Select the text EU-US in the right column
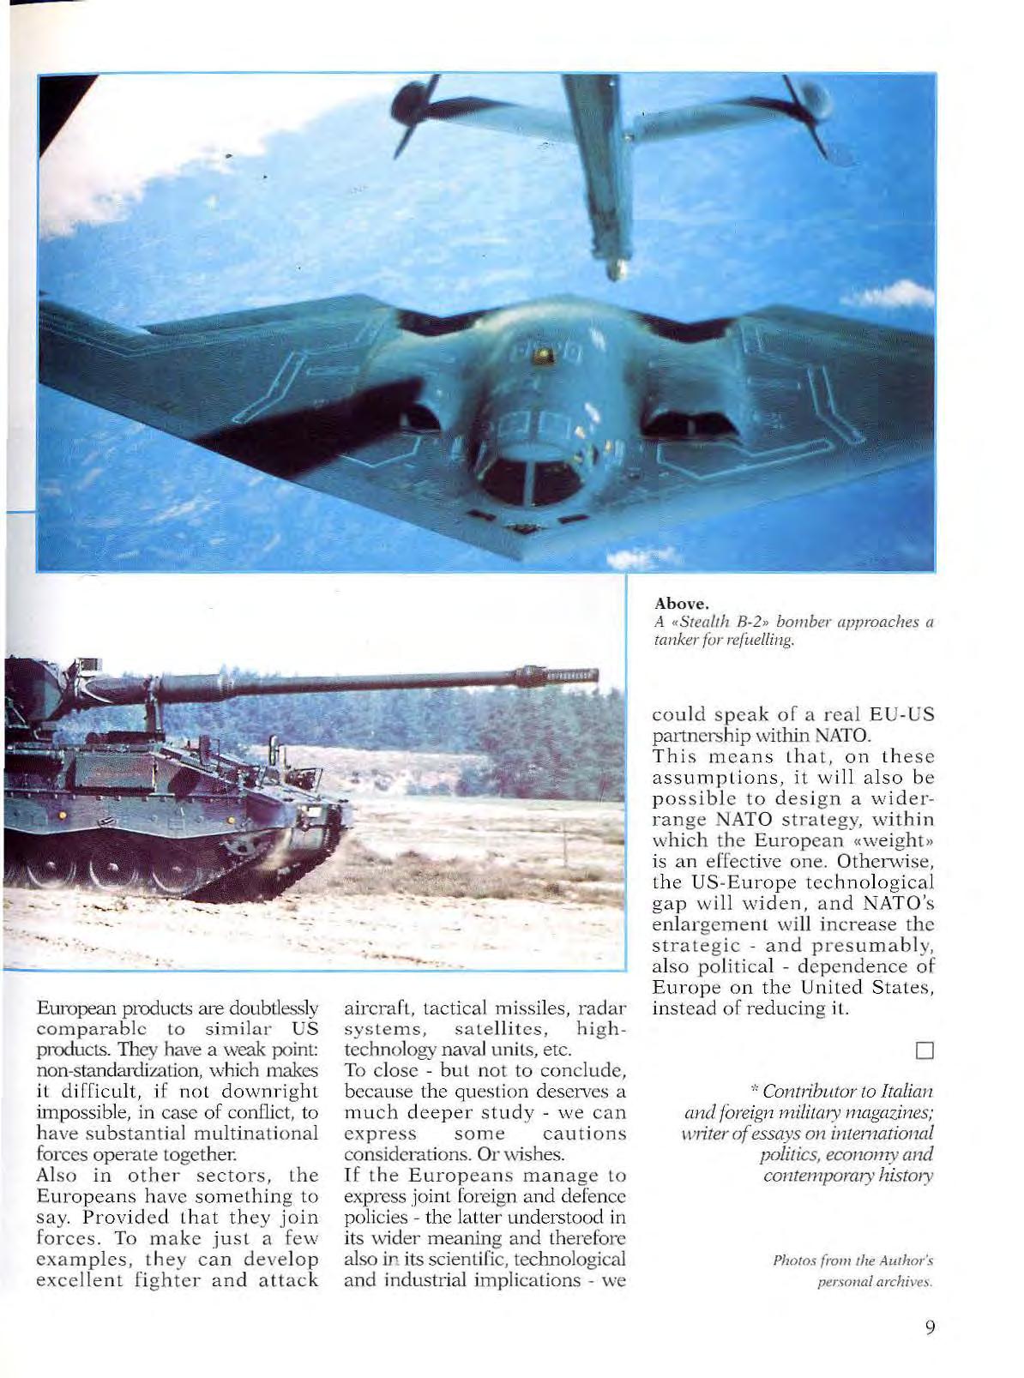[901, 715]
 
